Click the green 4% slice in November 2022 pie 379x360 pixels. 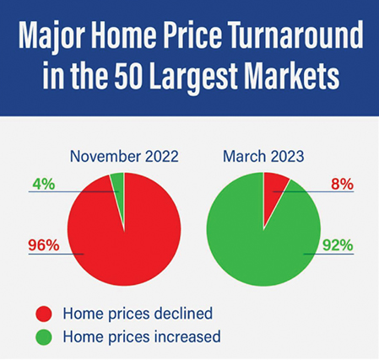(x=118, y=194)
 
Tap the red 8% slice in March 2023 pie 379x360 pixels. (x=273, y=191)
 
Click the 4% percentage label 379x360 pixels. (x=44, y=185)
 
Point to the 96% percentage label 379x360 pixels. (x=44, y=245)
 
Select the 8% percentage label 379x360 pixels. (x=342, y=185)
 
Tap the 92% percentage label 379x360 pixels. (x=338, y=245)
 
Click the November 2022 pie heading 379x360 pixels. (x=124, y=156)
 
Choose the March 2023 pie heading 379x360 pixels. (x=263, y=156)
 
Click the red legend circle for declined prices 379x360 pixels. (x=44, y=314)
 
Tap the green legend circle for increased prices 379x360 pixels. (x=44, y=336)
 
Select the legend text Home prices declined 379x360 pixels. (x=138, y=314)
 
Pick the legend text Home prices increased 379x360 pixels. (x=142, y=336)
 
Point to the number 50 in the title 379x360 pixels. (x=127, y=75)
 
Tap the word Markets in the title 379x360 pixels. (x=292, y=75)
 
